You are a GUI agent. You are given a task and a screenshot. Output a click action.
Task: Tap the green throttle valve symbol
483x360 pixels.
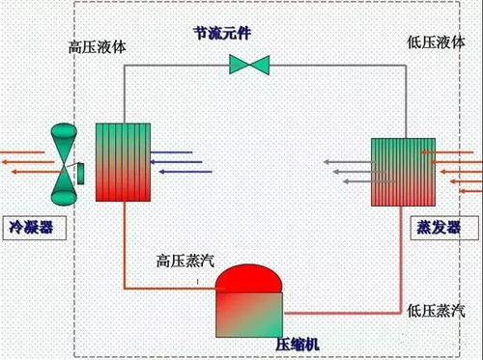tap(249, 66)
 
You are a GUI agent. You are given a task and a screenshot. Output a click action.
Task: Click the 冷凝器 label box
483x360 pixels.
tap(32, 229)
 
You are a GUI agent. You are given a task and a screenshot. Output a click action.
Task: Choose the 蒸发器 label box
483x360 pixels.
tap(440, 229)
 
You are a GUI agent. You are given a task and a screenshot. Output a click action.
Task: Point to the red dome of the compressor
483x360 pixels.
tap(247, 278)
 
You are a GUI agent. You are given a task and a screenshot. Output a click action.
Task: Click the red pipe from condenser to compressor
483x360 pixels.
tap(124, 251)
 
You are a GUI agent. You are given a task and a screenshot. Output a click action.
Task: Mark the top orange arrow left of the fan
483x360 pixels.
tap(21, 152)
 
